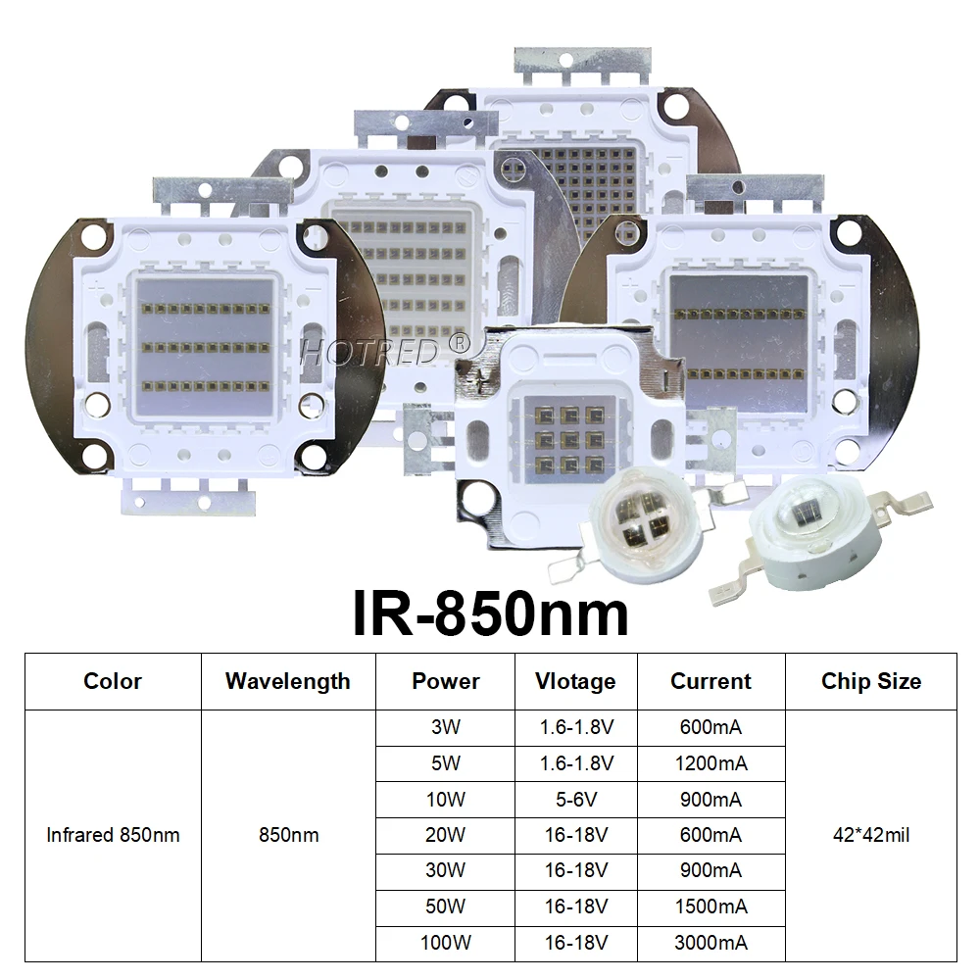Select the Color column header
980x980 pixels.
click(x=113, y=681)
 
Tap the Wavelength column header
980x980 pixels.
click(x=287, y=681)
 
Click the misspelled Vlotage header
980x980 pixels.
click(x=575, y=681)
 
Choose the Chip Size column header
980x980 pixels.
click(x=870, y=681)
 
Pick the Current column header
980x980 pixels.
click(x=710, y=681)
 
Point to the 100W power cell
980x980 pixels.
click(x=445, y=943)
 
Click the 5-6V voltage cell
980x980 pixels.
click(x=575, y=799)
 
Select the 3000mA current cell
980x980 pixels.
click(x=710, y=943)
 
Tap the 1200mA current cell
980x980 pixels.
click(x=710, y=762)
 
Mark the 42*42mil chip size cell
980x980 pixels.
click(x=870, y=835)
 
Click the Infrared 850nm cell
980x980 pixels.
click(x=113, y=835)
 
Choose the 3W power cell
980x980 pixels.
click(x=445, y=727)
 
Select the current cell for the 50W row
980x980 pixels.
click(x=710, y=906)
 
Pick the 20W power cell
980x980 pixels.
click(x=445, y=835)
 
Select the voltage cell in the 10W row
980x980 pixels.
click(x=575, y=799)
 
